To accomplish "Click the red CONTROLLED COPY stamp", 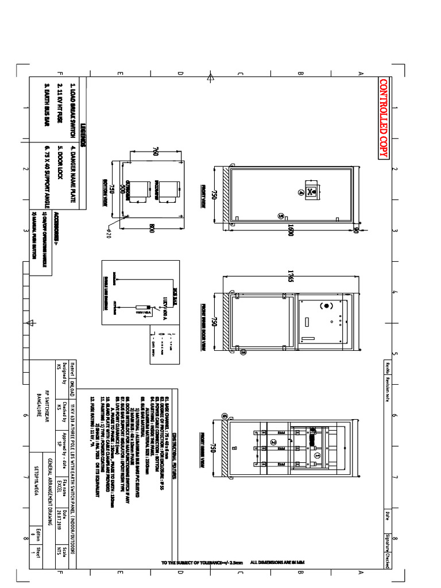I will [x=384, y=118].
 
